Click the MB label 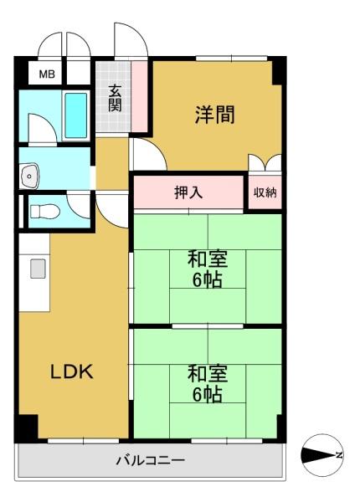click(47, 74)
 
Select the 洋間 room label click(215, 115)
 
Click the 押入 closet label click(188, 192)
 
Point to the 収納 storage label click(265, 192)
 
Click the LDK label click(72, 371)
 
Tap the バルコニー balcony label click(150, 460)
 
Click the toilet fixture click(45, 212)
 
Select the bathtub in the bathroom click(76, 115)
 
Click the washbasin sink click(29, 176)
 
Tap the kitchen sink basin click(39, 269)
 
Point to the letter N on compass click(339, 454)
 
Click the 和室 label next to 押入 click(208, 259)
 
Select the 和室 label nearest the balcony click(208, 374)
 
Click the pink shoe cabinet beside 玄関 click(139, 96)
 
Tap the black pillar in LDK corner click(27, 428)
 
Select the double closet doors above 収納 click(265, 162)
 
